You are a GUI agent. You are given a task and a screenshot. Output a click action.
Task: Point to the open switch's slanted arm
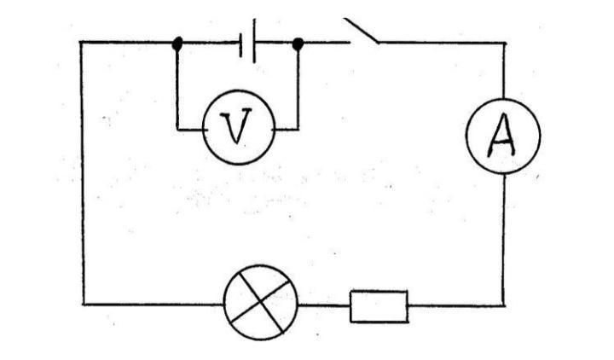[362, 30]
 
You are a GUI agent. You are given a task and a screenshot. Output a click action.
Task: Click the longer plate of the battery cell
[254, 41]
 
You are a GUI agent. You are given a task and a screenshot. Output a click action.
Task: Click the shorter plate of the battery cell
[241, 45]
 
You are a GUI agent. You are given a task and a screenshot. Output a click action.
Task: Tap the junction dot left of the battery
[177, 44]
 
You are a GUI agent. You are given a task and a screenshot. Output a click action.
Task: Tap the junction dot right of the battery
[298, 44]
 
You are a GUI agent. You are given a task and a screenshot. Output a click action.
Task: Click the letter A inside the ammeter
[501, 135]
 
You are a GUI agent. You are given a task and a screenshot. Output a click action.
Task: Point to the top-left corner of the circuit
[81, 42]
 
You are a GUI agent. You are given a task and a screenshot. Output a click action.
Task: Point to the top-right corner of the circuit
[504, 43]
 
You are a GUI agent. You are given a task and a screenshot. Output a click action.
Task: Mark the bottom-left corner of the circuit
[83, 304]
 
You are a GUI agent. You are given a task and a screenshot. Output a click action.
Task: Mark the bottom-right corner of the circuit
[504, 305]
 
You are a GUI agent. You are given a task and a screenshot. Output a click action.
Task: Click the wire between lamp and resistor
[324, 305]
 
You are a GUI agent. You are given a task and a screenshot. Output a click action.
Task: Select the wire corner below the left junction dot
[177, 129]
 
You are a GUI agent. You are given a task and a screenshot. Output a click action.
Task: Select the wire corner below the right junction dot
[298, 129]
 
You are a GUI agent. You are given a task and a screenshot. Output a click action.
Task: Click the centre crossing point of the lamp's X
[260, 301]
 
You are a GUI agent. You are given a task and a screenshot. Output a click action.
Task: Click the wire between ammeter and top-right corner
[504, 71]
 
